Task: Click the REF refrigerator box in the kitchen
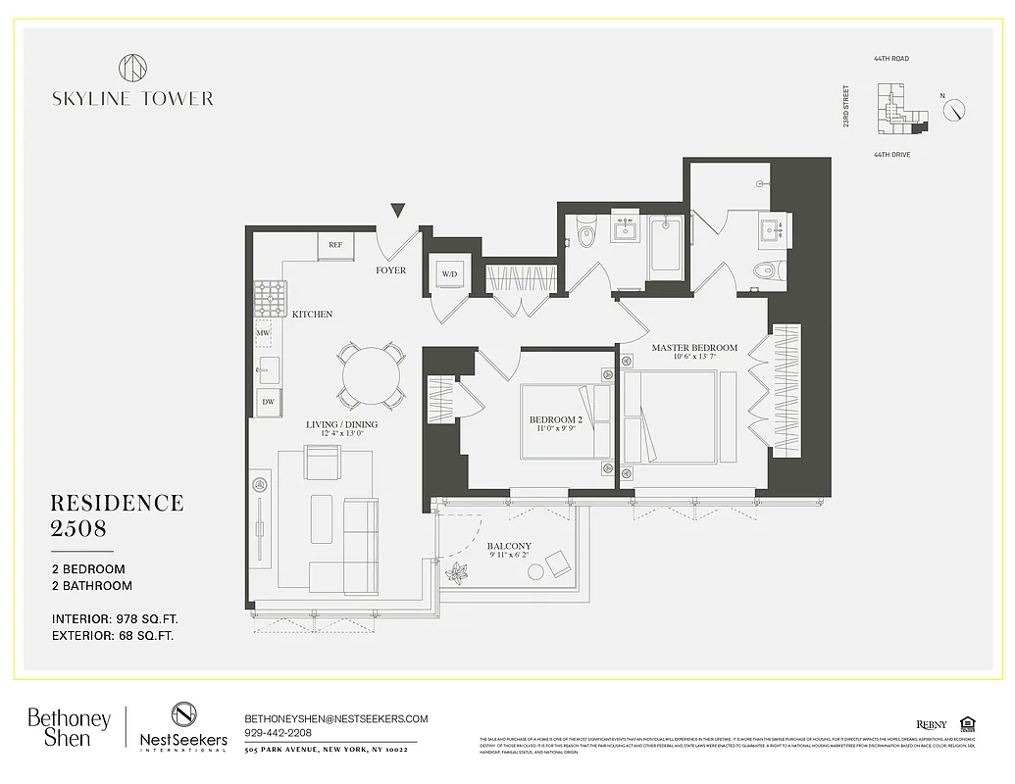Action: click(334, 245)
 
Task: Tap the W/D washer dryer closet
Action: click(450, 273)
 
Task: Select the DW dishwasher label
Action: click(266, 401)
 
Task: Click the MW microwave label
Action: click(263, 333)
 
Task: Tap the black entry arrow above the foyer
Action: click(397, 210)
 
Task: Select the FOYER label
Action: click(390, 270)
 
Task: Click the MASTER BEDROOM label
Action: click(694, 348)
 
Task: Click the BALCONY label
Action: click(509, 547)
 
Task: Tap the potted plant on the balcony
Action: click(458, 572)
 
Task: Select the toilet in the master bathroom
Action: click(763, 271)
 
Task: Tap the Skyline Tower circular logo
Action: click(132, 69)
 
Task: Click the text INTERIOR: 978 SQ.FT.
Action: click(116, 619)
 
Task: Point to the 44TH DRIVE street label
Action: click(891, 155)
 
